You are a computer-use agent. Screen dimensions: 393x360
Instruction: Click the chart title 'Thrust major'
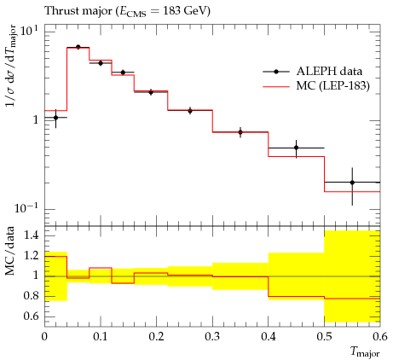[78, 11]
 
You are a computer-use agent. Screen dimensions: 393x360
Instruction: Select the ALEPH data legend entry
[313, 72]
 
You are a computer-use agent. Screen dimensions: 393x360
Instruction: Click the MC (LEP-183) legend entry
[316, 85]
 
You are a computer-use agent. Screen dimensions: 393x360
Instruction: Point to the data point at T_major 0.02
[55, 118]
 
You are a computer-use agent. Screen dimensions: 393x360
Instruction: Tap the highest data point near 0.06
[78, 47]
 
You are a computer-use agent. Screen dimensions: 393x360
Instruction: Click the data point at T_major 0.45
[297, 148]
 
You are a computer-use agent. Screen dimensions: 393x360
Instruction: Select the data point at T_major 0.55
[352, 183]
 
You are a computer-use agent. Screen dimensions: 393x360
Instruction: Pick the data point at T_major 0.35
[240, 132]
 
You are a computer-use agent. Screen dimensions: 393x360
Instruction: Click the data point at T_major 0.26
[190, 111]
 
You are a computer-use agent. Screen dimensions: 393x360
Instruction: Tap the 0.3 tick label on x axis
[212, 337]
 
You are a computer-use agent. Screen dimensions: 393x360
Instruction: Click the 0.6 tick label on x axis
[380, 337]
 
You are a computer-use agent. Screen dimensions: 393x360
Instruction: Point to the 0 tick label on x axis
[44, 337]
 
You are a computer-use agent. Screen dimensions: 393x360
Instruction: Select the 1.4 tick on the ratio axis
[32, 235]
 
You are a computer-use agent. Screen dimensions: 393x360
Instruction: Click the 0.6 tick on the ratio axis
[32, 316]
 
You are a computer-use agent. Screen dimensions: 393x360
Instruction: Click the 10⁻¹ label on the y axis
[26, 208]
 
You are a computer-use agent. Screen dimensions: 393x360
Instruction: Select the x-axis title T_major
[365, 352]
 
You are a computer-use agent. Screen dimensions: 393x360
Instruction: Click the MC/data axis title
[10, 251]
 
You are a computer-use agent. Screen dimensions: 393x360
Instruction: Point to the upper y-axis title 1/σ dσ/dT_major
[10, 66]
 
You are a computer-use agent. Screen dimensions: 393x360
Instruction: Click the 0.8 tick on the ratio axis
[32, 296]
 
